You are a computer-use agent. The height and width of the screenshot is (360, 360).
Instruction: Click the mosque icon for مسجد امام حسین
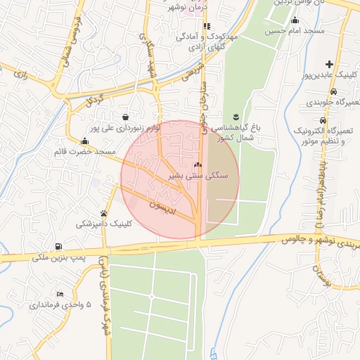[x=295, y=20]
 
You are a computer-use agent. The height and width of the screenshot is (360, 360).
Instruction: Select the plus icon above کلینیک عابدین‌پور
[x=330, y=64]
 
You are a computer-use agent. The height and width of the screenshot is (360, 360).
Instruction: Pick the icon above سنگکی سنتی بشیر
[x=197, y=165]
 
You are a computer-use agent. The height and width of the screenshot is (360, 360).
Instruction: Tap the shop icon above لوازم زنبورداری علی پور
[x=125, y=117]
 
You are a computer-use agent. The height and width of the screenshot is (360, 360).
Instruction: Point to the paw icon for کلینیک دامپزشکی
[x=104, y=213]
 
